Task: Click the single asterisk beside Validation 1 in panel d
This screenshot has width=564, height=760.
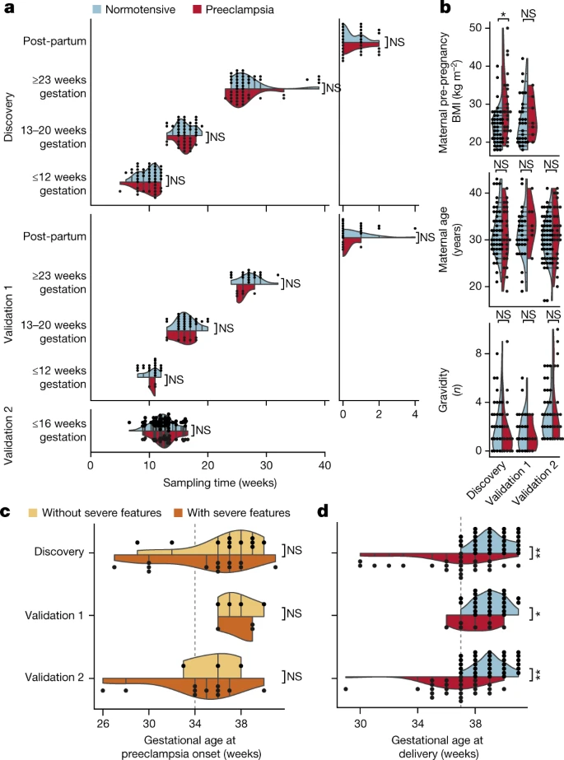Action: click(536, 614)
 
